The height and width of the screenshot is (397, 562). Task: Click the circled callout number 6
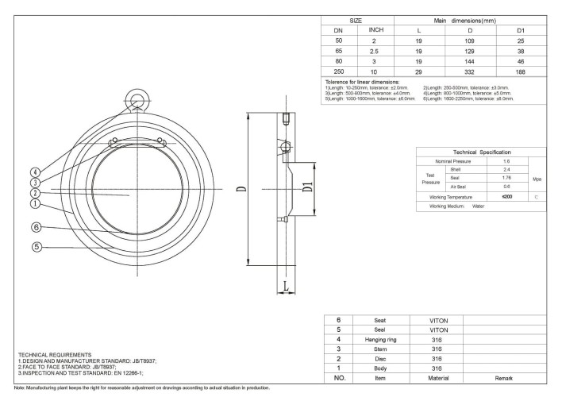(x=36, y=227)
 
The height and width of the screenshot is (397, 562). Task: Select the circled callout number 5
(x=36, y=246)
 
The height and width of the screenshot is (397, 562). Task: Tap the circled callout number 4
(x=36, y=172)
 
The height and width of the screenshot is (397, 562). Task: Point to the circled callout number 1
(x=36, y=202)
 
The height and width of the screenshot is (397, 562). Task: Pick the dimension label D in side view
(x=241, y=189)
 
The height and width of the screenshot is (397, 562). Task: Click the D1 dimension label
(x=308, y=188)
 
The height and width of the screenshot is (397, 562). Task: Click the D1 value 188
(x=521, y=70)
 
